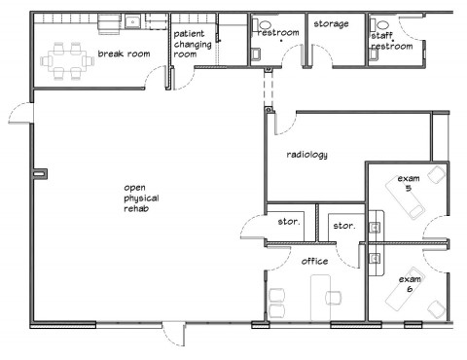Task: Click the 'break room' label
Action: [x=124, y=54]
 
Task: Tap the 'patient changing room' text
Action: [x=193, y=44]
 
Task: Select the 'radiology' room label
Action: [x=306, y=155]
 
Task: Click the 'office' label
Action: [x=314, y=261]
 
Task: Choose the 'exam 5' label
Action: [x=409, y=183]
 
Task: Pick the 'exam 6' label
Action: [x=410, y=284]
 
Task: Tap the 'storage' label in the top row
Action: [x=331, y=23]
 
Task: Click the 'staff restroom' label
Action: [x=392, y=41]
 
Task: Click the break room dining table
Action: [x=67, y=60]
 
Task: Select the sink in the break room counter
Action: [x=132, y=21]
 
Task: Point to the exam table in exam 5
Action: [x=405, y=198]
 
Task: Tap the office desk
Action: [x=321, y=298]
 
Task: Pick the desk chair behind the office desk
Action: [x=334, y=298]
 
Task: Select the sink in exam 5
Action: [x=376, y=227]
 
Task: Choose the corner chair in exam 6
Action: [x=435, y=308]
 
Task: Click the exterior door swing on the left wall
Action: [x=20, y=113]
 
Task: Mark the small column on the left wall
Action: [x=40, y=174]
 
